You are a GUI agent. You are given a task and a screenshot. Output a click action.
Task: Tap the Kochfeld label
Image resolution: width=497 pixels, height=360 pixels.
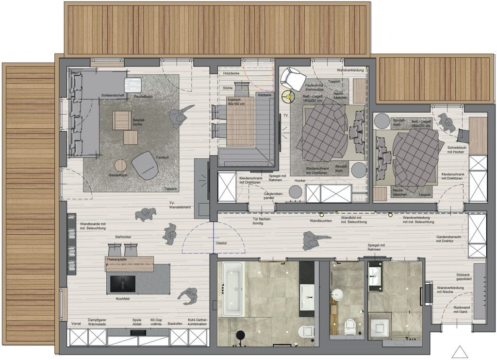click(x=123, y=299)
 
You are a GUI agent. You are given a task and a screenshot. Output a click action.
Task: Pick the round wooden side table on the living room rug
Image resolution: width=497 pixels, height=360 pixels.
click(x=121, y=166)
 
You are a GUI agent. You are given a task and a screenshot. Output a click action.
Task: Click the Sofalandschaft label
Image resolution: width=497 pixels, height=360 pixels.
click(x=113, y=95)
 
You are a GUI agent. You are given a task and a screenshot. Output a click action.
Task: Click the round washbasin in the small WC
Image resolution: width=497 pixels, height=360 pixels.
click(x=337, y=295)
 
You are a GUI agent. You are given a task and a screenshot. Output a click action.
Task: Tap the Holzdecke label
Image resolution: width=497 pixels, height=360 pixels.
click(x=231, y=73)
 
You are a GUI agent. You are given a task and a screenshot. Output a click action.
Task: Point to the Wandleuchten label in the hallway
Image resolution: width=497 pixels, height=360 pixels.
click(x=320, y=221)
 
